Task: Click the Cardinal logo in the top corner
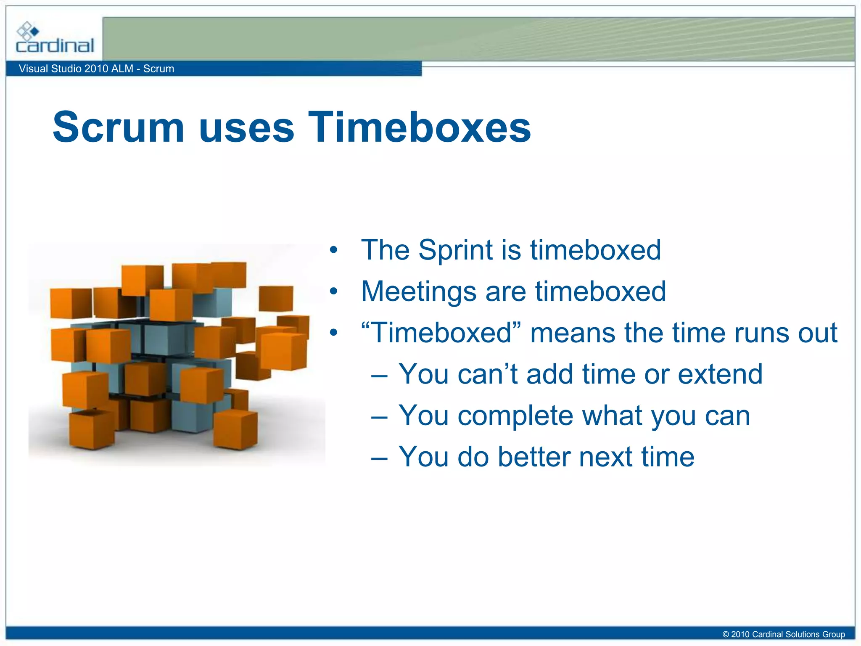click(x=55, y=39)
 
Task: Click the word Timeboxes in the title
click(x=419, y=127)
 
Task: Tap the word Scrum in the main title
click(x=119, y=127)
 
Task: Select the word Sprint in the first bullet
click(x=456, y=250)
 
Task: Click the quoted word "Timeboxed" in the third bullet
click(x=441, y=333)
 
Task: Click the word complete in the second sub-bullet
click(x=515, y=416)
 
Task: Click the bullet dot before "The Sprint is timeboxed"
click(x=333, y=250)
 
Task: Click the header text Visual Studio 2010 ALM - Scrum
click(x=96, y=69)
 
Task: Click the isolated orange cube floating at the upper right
click(x=276, y=298)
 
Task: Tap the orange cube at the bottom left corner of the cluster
click(x=92, y=429)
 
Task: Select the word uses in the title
click(x=246, y=127)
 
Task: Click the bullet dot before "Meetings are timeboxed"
click(x=333, y=291)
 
